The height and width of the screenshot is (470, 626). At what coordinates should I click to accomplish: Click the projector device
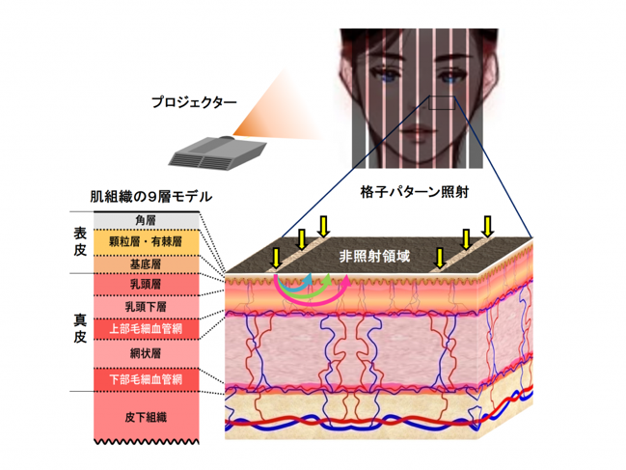tap(218, 153)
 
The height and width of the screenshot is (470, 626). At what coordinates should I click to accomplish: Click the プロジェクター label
tap(194, 102)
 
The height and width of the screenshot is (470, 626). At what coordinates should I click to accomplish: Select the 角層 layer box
tap(146, 220)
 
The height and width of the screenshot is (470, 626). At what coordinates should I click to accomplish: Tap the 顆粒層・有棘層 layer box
tap(146, 242)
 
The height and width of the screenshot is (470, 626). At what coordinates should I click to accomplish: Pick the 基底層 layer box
tap(146, 264)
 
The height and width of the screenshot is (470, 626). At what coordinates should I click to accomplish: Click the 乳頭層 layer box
tap(146, 285)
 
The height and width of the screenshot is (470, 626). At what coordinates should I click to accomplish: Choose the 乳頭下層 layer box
tap(146, 307)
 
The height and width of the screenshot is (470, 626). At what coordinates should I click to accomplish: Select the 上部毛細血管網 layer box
tap(146, 329)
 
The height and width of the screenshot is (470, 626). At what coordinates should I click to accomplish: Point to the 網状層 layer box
tap(146, 353)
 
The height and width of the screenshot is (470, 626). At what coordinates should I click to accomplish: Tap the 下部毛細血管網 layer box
tap(146, 379)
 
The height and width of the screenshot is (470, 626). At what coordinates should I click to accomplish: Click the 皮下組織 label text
tap(146, 417)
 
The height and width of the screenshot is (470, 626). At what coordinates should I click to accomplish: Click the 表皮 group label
tap(80, 241)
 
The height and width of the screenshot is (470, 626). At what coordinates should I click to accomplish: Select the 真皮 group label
tap(80, 328)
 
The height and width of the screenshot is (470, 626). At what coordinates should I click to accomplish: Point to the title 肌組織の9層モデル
tap(150, 197)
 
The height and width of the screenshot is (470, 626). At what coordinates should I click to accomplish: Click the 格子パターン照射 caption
tap(415, 192)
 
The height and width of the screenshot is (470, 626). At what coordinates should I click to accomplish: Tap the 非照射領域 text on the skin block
tap(374, 256)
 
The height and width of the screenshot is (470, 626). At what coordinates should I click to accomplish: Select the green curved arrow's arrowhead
tap(327, 279)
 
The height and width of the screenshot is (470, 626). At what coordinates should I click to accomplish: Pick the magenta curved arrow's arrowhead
tap(345, 281)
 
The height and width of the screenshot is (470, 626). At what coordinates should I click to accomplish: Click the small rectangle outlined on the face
tap(442, 102)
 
